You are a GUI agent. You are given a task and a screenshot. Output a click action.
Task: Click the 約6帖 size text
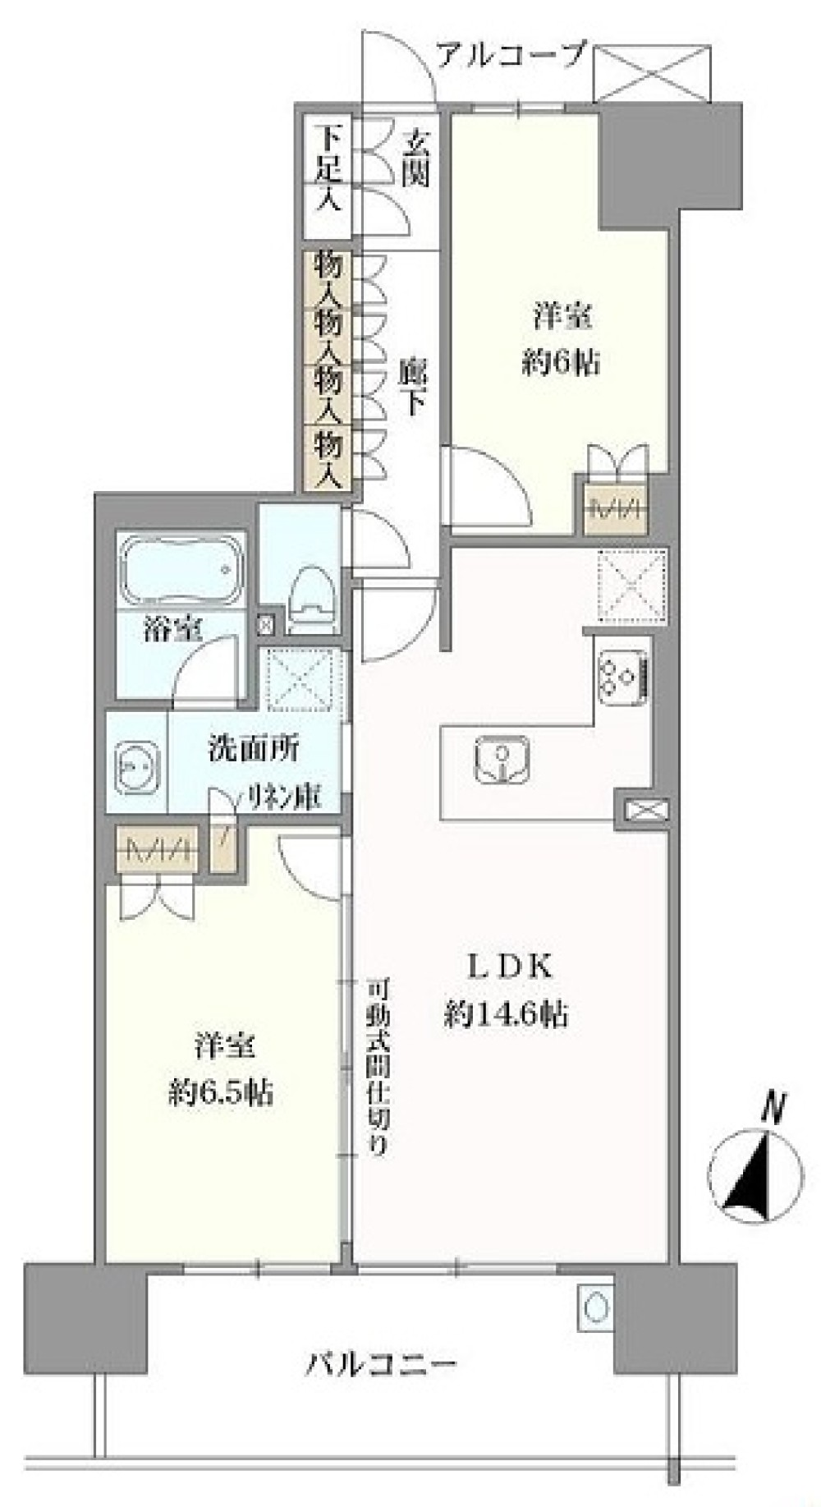click(560, 362)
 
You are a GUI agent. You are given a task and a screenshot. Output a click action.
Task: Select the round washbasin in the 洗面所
click(135, 767)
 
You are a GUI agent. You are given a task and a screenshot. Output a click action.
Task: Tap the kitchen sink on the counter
click(501, 757)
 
